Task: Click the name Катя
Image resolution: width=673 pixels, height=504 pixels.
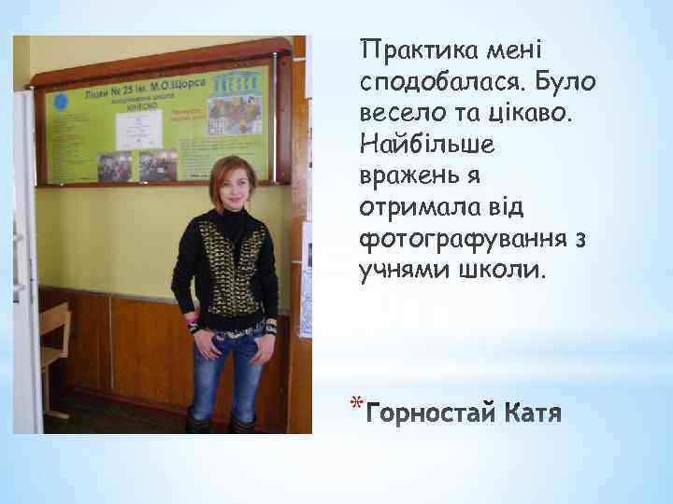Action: point(533,413)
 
